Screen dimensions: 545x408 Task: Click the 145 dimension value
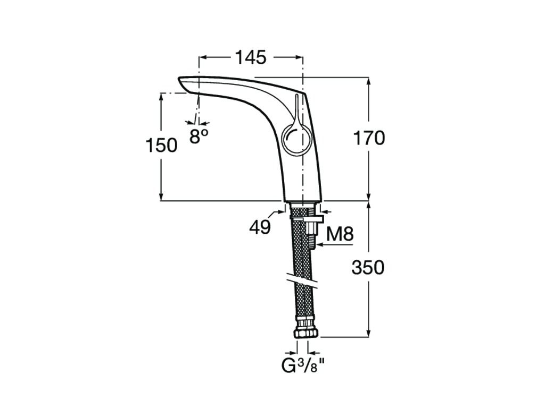click(x=251, y=57)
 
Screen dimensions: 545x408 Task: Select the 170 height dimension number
click(x=369, y=138)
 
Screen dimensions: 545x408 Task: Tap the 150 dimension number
click(x=161, y=145)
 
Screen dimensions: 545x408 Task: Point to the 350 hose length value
click(x=368, y=268)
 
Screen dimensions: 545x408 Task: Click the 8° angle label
click(x=199, y=136)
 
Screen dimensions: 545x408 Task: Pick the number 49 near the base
click(x=260, y=227)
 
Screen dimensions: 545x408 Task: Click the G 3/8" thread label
click(x=303, y=366)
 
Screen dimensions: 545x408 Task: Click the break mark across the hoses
click(x=302, y=282)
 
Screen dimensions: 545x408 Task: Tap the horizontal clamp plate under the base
click(x=308, y=219)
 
